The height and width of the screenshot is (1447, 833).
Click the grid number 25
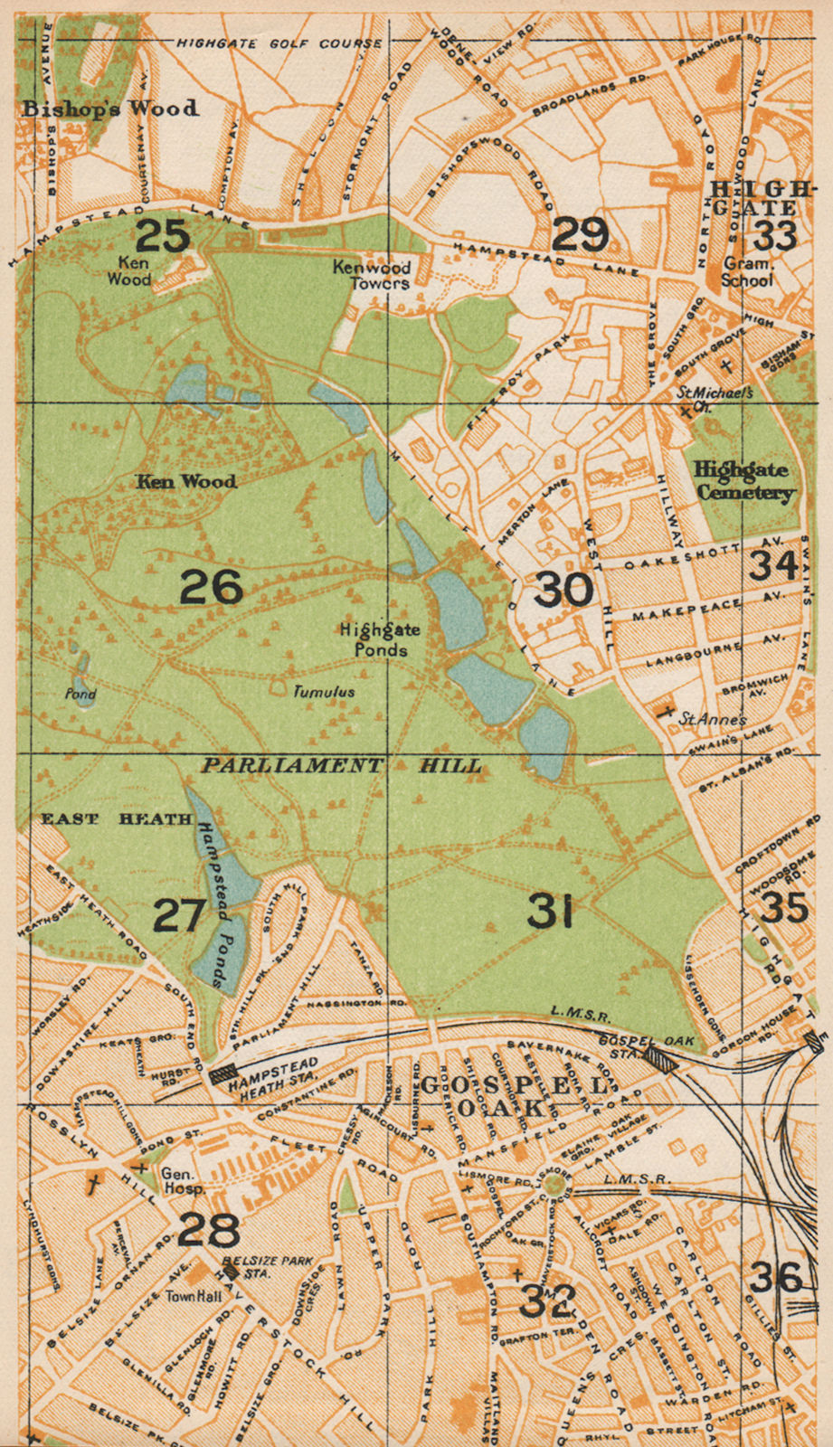click(163, 236)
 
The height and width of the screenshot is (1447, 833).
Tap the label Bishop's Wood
click(110, 109)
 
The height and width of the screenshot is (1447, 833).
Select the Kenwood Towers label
click(371, 275)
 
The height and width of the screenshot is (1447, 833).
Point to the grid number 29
click(579, 235)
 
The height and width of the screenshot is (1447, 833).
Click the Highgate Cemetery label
click(743, 481)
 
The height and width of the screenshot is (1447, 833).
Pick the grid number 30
click(563, 591)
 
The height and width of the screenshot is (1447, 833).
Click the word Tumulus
click(323, 692)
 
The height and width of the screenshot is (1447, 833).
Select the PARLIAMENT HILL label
click(341, 766)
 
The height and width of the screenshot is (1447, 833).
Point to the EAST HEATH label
click(117, 819)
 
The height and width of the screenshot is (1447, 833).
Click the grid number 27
click(180, 916)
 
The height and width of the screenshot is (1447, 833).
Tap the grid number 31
click(551, 913)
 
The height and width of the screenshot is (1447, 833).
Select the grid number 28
click(209, 1230)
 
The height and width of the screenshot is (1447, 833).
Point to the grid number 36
click(775, 1277)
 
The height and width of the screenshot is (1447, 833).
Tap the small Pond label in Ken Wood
click(80, 695)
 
